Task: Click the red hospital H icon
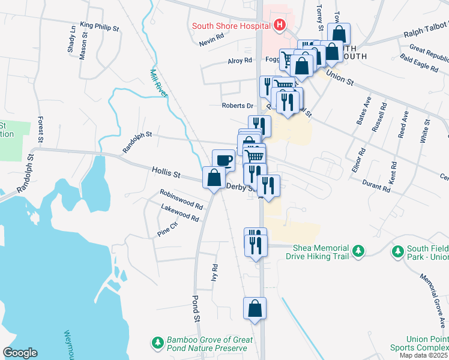279,25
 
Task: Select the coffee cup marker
223,160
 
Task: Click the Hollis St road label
166,174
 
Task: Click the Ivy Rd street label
214,273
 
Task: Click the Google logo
20,353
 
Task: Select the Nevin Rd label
212,43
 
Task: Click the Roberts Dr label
238,106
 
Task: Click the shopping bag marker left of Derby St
214,178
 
